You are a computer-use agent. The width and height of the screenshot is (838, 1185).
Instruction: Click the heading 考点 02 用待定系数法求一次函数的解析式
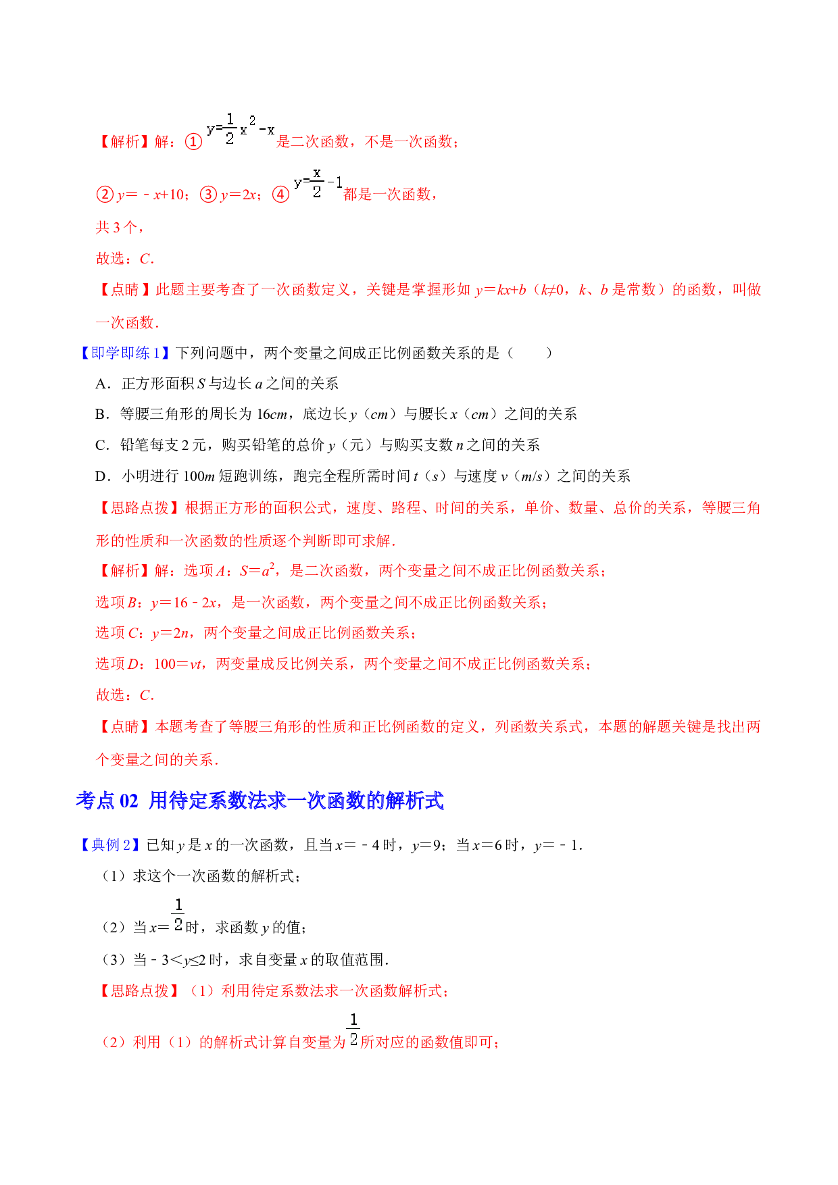260,801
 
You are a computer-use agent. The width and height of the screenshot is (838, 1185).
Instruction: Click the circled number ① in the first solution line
193,142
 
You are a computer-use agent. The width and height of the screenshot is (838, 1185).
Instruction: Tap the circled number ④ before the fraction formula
280,195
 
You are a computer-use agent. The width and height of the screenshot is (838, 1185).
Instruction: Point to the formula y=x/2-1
318,182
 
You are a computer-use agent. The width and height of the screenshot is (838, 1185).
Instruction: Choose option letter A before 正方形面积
101,384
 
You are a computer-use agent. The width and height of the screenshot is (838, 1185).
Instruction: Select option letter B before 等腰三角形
101,414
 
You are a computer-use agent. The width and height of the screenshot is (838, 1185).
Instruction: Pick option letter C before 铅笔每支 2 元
101,445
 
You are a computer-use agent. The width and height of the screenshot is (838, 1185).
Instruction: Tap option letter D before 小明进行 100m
101,476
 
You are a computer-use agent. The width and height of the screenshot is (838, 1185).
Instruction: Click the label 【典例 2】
109,845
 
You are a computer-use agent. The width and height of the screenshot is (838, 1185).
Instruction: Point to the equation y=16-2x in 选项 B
184,603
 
